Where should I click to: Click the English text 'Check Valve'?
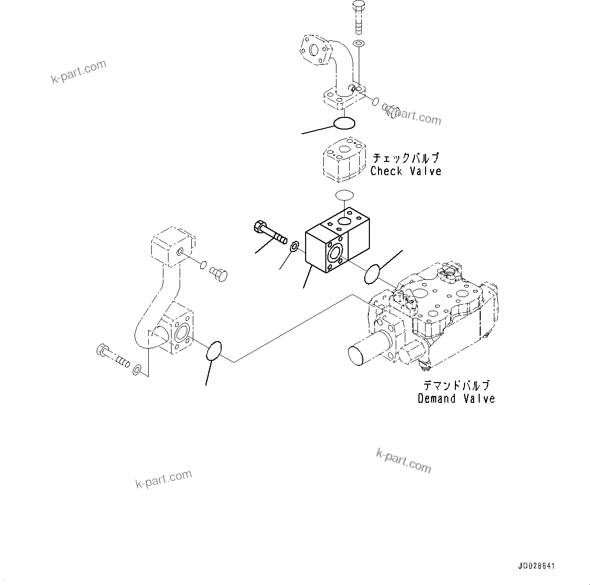point(406,172)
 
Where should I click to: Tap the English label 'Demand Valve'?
point(456,399)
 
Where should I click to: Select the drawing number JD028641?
point(536,566)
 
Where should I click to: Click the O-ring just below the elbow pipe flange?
point(344,123)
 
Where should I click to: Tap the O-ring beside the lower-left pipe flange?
point(214,351)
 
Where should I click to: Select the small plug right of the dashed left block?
point(219,274)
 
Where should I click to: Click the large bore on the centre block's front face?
point(335,252)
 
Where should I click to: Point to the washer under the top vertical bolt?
point(358,44)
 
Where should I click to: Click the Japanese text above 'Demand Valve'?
point(456,386)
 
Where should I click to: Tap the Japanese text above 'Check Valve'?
point(406,158)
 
